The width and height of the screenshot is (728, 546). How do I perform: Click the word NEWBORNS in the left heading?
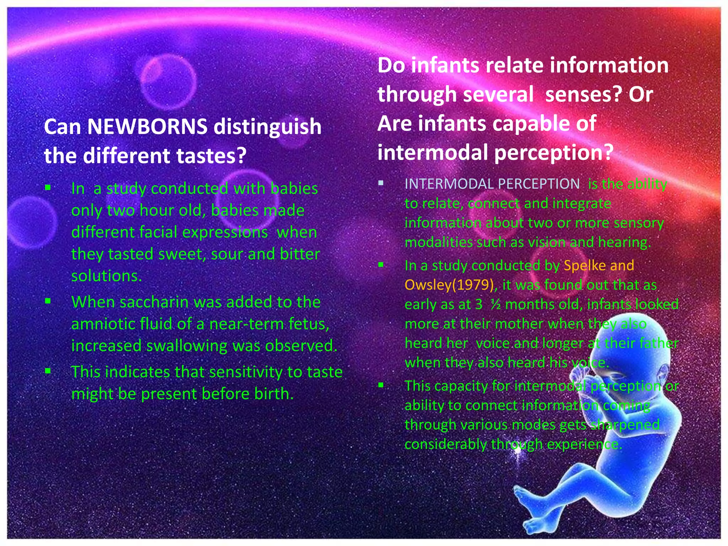point(147,127)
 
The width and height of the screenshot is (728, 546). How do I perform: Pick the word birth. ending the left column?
point(274,394)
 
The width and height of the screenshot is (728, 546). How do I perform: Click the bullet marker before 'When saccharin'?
point(48,301)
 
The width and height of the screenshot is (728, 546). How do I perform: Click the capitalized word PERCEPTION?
point(539,184)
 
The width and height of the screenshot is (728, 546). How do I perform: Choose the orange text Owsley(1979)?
point(450,285)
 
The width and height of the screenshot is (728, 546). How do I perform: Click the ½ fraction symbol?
point(495,305)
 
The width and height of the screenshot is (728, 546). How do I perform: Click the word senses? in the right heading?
point(583,95)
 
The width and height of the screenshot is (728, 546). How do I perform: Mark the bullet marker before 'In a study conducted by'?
point(381,265)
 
